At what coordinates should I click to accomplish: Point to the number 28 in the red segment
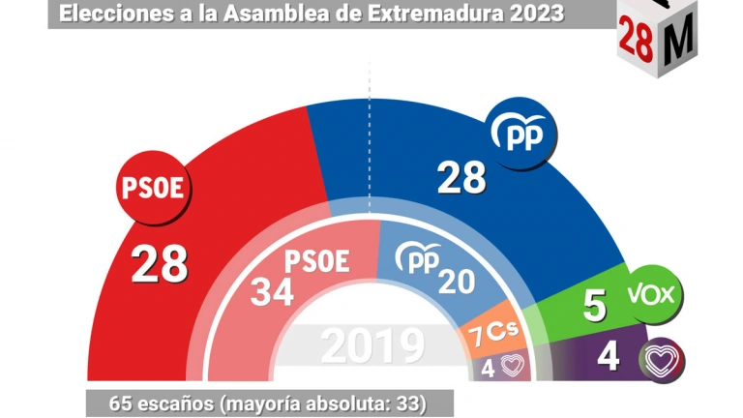[x=159, y=263]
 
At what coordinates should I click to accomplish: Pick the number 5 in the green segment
[x=595, y=306]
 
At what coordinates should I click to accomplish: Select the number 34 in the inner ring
[x=272, y=291]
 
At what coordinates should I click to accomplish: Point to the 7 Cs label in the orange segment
[x=493, y=335]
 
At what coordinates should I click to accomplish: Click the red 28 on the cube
[x=635, y=43]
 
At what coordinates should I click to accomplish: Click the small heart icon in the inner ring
[x=511, y=365]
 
